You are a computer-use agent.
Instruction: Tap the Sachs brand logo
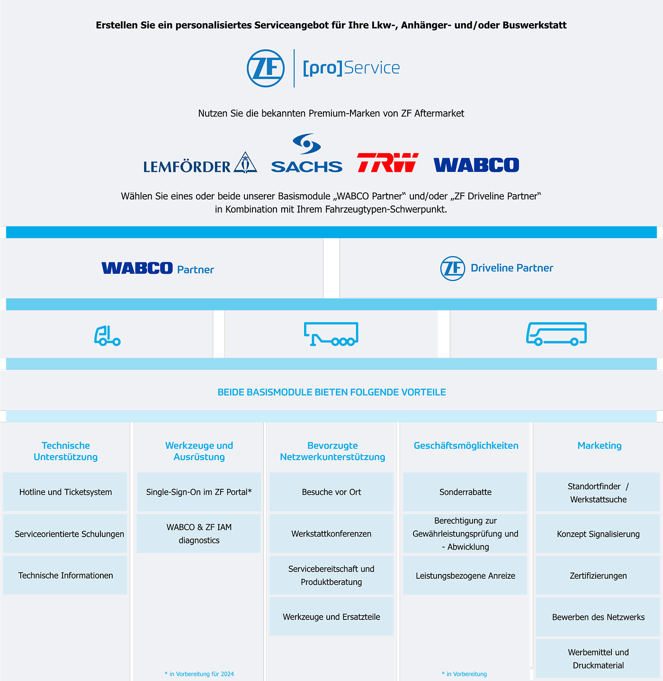306,154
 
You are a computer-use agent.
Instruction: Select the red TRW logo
387,162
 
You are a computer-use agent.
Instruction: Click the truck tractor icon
107,336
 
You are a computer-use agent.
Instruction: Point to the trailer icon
331,334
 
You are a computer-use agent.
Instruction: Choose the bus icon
556,334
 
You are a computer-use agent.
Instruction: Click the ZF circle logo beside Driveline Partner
453,269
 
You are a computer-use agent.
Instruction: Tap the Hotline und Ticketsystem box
65,492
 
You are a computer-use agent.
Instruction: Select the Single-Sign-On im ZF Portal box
199,492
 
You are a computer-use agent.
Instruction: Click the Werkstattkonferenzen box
331,534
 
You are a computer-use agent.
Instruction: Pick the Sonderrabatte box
465,492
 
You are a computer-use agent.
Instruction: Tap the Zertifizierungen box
598,576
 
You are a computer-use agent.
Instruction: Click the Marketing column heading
599,446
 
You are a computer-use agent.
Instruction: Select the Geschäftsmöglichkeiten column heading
466,446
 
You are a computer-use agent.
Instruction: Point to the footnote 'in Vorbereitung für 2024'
199,674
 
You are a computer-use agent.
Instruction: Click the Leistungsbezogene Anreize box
465,576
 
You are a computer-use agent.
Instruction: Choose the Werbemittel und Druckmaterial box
598,659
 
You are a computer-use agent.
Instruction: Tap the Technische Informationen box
65,575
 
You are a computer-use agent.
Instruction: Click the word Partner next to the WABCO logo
195,270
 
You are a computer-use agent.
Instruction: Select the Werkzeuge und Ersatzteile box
331,617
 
